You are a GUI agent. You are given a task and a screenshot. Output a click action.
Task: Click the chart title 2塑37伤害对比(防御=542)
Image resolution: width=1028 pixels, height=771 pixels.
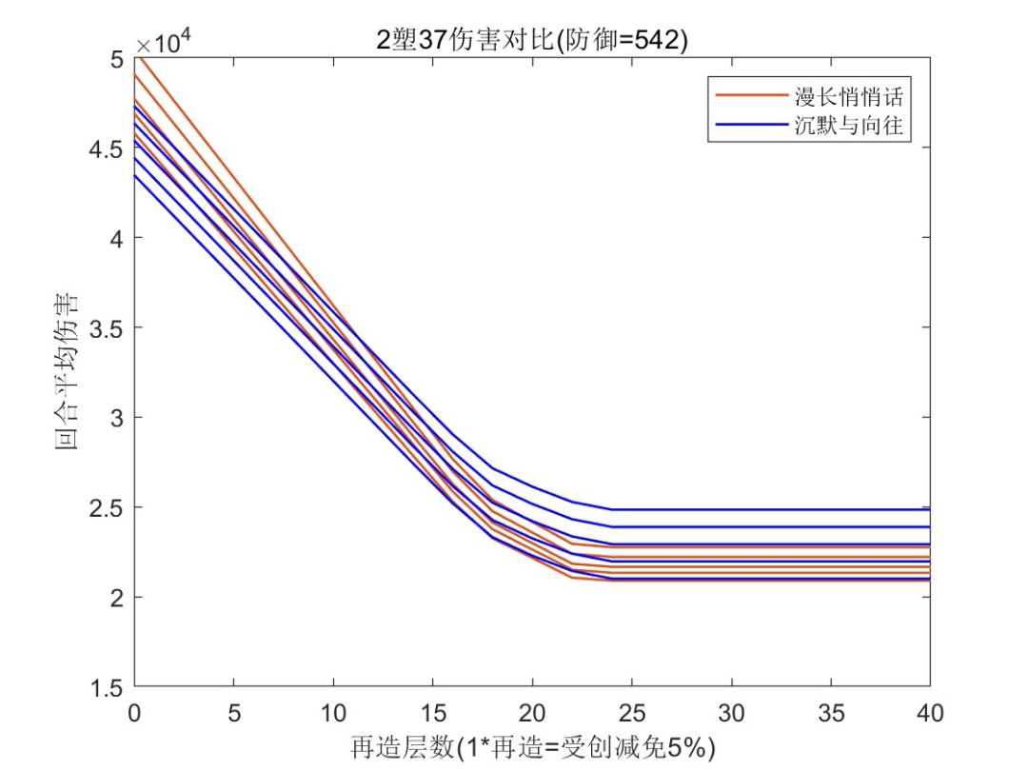[x=532, y=41]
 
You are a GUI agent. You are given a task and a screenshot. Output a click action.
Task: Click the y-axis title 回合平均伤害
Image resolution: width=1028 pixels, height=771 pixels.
[x=66, y=372]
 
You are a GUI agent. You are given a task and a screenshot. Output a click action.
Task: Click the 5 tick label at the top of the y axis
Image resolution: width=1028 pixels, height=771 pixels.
[x=117, y=58]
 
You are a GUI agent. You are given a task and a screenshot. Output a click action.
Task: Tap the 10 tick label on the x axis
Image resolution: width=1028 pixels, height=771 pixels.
[x=333, y=711]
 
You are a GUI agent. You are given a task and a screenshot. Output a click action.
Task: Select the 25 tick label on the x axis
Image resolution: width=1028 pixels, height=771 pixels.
[x=632, y=711]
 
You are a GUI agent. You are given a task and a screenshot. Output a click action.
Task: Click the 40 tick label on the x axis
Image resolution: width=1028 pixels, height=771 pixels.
[x=929, y=711]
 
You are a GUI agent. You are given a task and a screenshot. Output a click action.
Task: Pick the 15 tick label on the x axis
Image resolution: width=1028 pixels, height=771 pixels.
[x=433, y=711]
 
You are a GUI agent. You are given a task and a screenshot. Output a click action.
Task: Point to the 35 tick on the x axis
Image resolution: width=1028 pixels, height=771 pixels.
[x=830, y=711]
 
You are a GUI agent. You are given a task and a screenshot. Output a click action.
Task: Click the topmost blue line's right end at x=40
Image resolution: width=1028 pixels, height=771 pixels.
[x=929, y=509]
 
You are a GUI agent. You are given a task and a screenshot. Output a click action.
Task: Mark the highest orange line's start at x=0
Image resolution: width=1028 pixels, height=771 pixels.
[x=136, y=58]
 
